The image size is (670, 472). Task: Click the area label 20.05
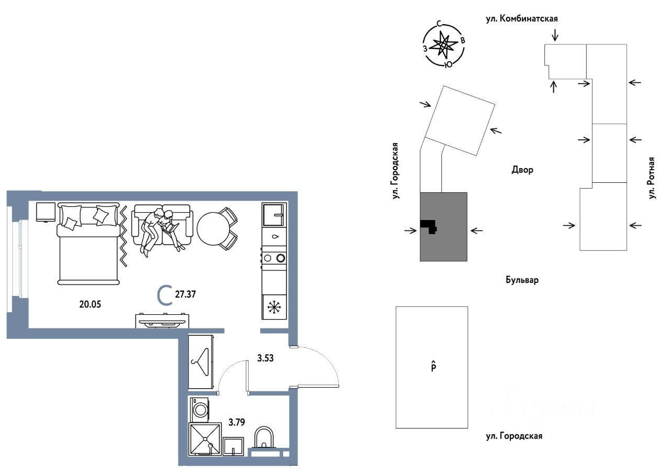click(90, 305)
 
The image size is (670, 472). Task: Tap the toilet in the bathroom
click(263, 438)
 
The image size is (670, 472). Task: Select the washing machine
click(200, 409)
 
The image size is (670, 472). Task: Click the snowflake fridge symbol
click(274, 307)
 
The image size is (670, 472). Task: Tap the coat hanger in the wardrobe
click(202, 360)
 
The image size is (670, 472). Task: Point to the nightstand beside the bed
click(46, 212)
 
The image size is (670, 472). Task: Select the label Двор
click(522, 170)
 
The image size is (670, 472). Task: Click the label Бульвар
click(522, 280)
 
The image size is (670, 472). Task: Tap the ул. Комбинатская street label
click(521, 19)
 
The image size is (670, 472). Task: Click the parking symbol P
click(433, 367)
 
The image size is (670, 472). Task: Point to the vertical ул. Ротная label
click(652, 178)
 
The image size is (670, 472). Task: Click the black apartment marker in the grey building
click(429, 226)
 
